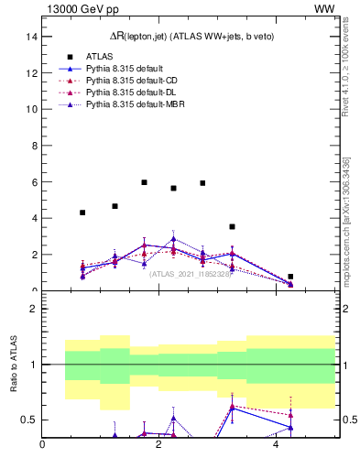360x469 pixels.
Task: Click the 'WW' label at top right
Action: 323,8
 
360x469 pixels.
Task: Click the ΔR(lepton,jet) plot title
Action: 187,36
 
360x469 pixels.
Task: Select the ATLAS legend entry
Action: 100,56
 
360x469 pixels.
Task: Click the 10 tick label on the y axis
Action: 31,109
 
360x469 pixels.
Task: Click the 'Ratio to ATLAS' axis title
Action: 13,365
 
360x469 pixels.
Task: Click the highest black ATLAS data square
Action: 144,182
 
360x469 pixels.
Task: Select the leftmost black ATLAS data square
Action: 82,213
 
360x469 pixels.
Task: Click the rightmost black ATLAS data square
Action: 290,277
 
